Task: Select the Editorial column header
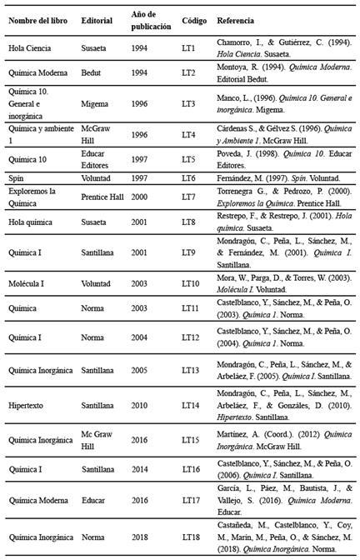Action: (97, 19)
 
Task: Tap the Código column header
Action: (194, 19)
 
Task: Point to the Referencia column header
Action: (236, 19)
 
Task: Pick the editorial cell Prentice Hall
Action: (103, 197)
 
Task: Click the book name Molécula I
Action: (27, 284)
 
